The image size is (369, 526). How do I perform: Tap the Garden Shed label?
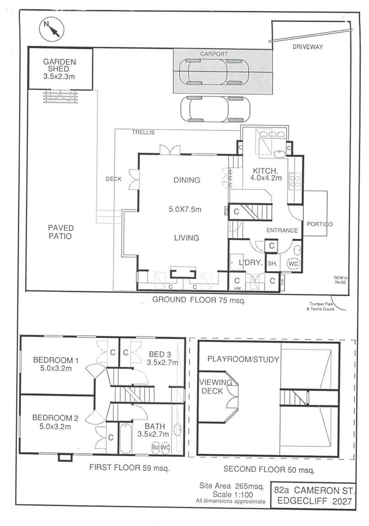pos(60,69)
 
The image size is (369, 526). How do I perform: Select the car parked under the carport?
pos(214,72)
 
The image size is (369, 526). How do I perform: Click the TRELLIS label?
pos(143,133)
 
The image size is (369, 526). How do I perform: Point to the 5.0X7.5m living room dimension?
pos(186,209)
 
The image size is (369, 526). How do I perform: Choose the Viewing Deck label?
pos(212,387)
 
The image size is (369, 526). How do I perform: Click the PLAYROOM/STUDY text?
pos(243,360)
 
